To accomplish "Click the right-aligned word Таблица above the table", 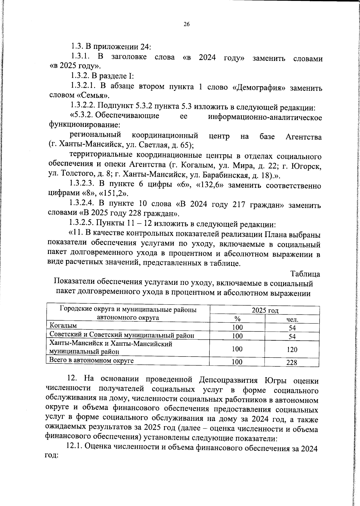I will click(305, 274).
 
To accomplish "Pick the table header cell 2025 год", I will click(265, 310).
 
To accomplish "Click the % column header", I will click(237, 319).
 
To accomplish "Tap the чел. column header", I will click(292, 320).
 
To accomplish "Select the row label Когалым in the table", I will click(63, 326).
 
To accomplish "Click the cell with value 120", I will click(292, 349).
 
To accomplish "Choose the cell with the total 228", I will click(292, 363).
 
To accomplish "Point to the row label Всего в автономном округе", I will click(91, 361).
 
